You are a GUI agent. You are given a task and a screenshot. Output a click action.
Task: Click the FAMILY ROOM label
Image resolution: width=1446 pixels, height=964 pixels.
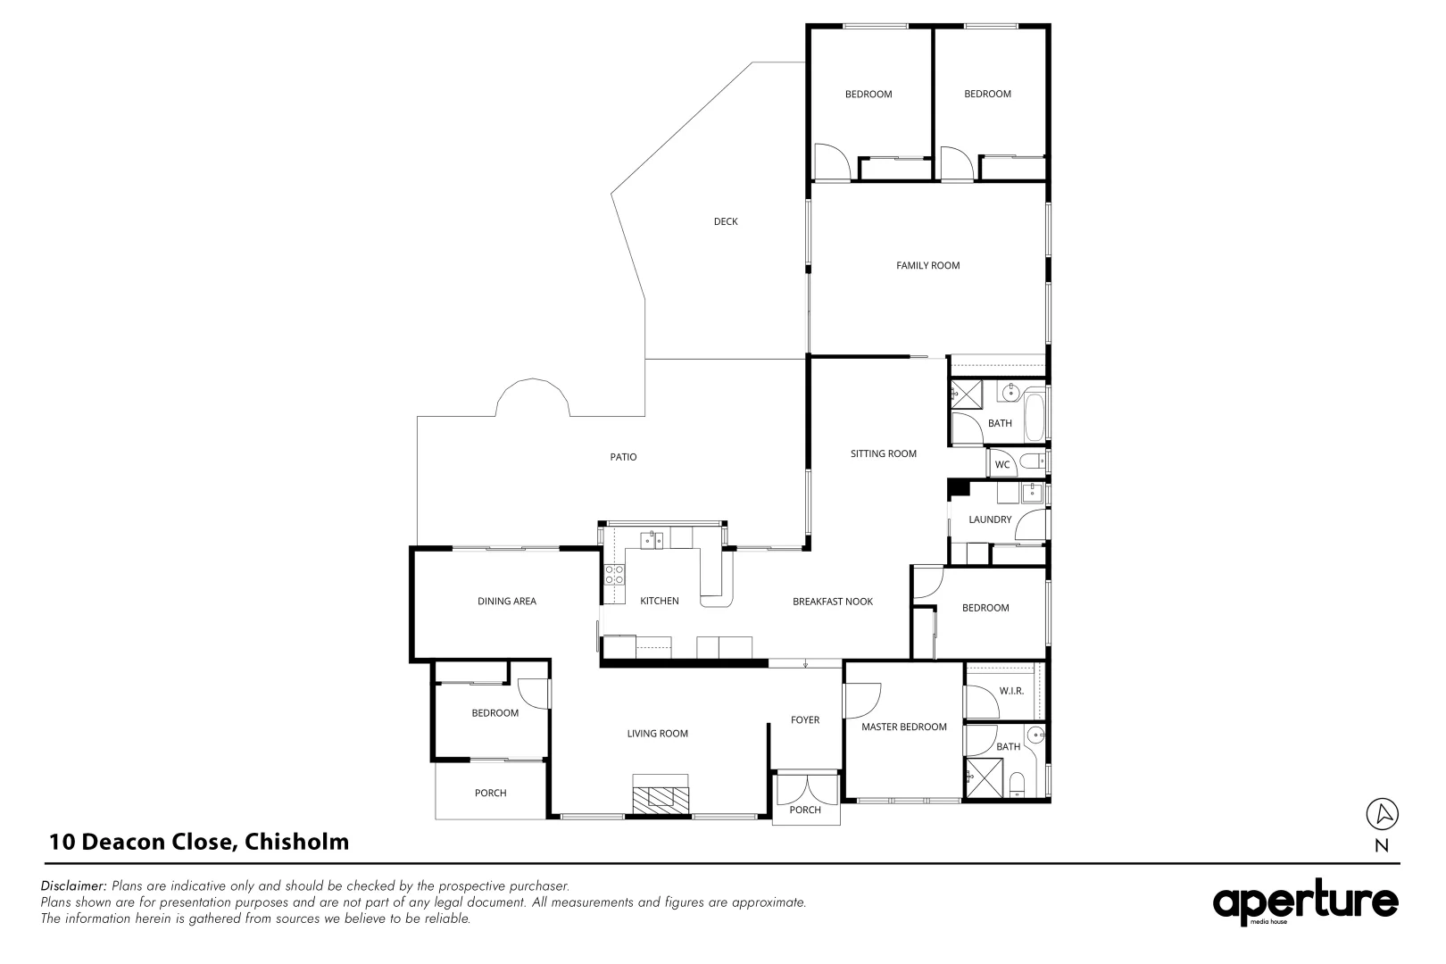click(x=927, y=265)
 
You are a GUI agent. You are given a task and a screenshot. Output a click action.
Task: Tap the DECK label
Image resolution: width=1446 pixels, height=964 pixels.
click(x=725, y=221)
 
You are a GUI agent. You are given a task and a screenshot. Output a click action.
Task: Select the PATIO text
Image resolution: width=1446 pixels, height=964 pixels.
click(x=623, y=457)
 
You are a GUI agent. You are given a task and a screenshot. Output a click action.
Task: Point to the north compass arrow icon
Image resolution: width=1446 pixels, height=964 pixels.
click(x=1382, y=813)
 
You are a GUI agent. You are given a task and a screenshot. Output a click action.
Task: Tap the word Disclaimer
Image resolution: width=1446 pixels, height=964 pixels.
click(x=74, y=886)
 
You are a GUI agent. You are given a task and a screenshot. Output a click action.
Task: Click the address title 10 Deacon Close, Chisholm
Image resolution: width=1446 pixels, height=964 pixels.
click(x=199, y=842)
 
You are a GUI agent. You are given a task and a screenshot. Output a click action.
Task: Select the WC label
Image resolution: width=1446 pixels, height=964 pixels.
click(x=1001, y=465)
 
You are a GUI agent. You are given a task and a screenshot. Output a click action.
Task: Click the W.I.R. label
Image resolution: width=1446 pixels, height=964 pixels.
click(x=1010, y=691)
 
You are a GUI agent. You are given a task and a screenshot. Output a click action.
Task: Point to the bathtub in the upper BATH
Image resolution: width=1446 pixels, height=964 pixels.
click(x=1034, y=415)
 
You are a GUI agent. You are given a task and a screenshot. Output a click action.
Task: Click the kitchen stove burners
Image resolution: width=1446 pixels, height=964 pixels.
click(x=614, y=574)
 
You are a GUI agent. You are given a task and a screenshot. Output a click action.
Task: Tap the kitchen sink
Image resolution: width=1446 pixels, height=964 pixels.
click(x=652, y=539)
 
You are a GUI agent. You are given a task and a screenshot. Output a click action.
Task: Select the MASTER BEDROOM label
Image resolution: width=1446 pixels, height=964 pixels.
click(x=903, y=727)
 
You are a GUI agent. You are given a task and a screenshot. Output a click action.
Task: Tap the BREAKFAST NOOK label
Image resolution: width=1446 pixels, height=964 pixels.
click(x=832, y=602)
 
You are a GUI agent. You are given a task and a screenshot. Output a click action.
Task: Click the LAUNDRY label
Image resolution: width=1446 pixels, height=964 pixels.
click(x=990, y=519)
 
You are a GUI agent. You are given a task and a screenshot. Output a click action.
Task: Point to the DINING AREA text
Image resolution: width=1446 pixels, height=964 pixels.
click(x=506, y=602)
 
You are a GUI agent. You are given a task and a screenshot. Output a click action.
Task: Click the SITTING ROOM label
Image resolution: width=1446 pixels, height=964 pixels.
click(x=883, y=453)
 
